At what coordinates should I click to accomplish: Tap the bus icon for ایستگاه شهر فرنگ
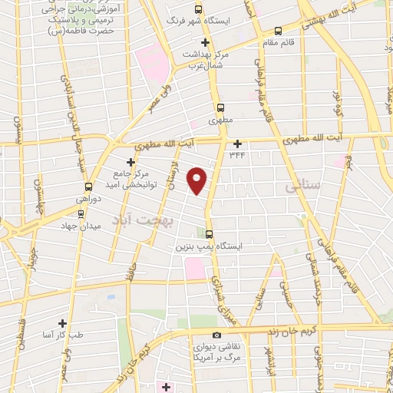(x=198, y=10)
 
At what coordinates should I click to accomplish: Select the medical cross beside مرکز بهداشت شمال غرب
(x=205, y=42)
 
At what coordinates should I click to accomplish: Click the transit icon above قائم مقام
(x=278, y=31)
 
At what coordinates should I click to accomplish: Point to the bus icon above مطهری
(x=221, y=107)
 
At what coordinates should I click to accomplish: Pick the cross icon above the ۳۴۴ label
(x=238, y=143)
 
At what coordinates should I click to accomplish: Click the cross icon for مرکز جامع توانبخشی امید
(x=130, y=162)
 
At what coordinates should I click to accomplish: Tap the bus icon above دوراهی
(x=89, y=187)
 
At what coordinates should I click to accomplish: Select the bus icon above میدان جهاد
(x=81, y=215)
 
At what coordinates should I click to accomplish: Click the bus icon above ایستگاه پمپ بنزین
(x=210, y=236)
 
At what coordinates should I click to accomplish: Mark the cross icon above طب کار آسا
(x=62, y=324)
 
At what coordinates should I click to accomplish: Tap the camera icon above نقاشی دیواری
(x=217, y=335)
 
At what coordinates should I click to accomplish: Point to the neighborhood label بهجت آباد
(x=144, y=220)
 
